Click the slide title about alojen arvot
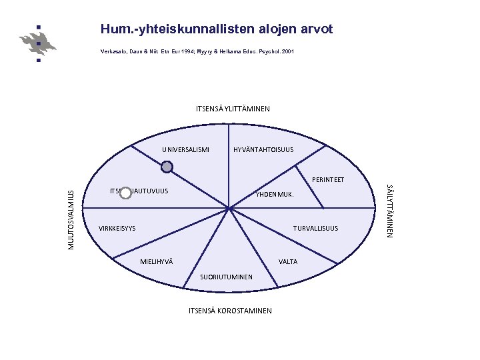pyautogui.click(x=216, y=29)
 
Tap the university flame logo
pyautogui.click(x=39, y=43)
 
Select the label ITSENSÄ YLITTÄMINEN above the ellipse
pyautogui.click(x=233, y=109)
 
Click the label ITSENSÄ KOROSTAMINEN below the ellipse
pyautogui.click(x=230, y=311)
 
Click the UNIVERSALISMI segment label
pyautogui.click(x=185, y=149)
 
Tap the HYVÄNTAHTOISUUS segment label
pyautogui.click(x=263, y=149)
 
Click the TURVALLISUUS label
pyautogui.click(x=316, y=229)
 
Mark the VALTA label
pyautogui.click(x=288, y=261)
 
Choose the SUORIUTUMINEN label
pyautogui.click(x=227, y=277)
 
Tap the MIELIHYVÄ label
pyautogui.click(x=157, y=261)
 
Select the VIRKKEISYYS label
pyautogui.click(x=117, y=229)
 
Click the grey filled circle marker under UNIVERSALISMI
pyautogui.click(x=168, y=167)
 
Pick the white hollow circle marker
pyautogui.click(x=125, y=193)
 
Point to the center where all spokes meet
pyautogui.click(x=229, y=209)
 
